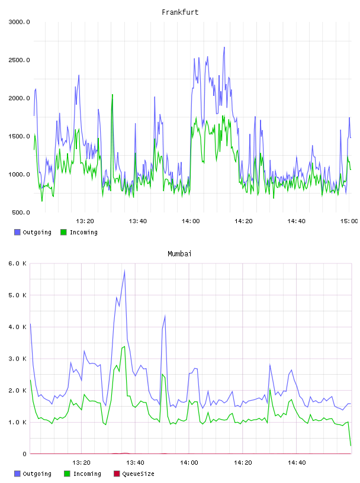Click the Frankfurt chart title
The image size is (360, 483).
point(180,12)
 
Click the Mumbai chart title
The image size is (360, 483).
point(179,254)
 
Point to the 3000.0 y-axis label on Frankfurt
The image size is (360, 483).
point(19,22)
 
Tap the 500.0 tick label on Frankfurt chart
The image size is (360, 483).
point(21,212)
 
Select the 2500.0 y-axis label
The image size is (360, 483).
point(19,60)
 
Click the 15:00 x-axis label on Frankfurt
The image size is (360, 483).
point(349,221)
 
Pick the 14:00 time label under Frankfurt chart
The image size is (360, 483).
point(191,221)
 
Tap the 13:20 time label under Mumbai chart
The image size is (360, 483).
point(81,463)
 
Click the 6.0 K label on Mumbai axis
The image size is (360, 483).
point(17,263)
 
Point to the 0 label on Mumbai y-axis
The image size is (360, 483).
point(24,454)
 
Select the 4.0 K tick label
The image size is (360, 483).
point(17,327)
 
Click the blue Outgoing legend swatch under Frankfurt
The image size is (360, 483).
point(17,232)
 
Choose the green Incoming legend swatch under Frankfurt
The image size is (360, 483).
point(63,232)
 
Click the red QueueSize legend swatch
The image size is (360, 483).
point(117,474)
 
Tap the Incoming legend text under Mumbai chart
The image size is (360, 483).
point(87,474)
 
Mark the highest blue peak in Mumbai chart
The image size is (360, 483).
point(124,270)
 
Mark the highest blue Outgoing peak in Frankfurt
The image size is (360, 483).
point(224,47)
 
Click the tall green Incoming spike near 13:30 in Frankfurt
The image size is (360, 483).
point(112,95)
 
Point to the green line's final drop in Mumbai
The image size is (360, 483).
point(349,434)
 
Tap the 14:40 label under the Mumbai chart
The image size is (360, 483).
point(297,463)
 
